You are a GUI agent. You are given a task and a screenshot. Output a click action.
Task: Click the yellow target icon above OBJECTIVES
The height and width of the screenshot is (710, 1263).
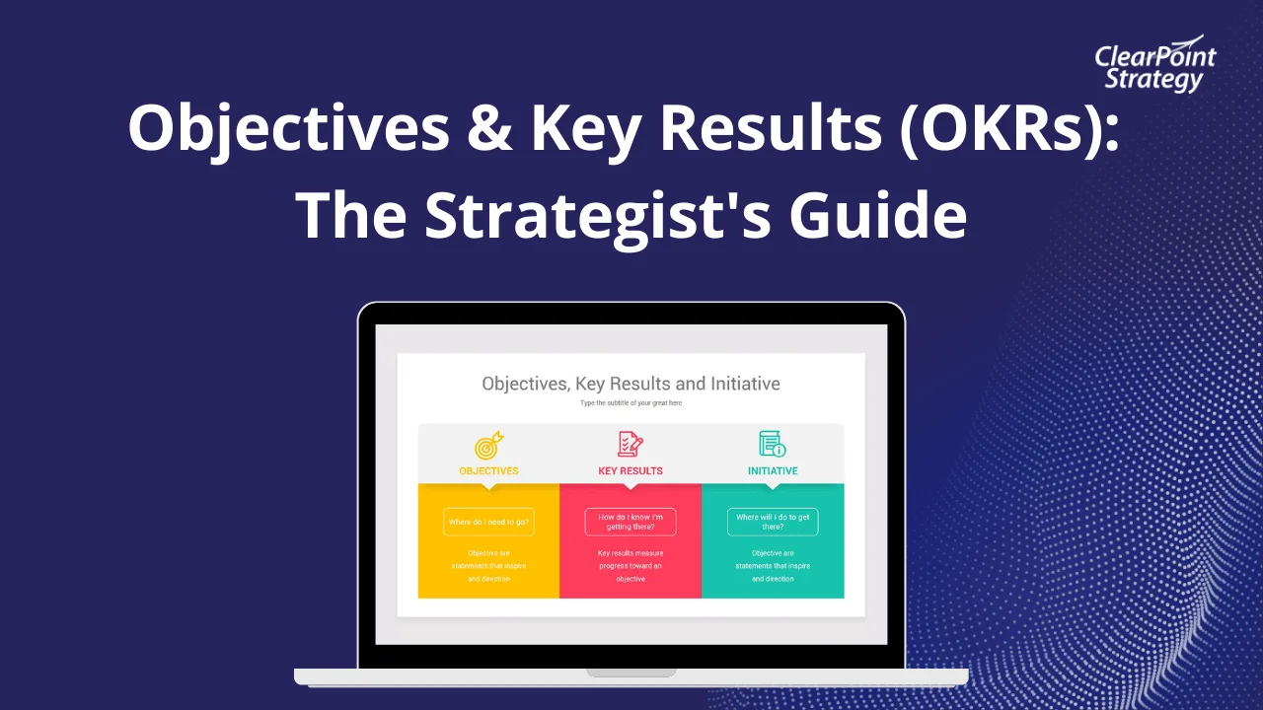click(x=488, y=445)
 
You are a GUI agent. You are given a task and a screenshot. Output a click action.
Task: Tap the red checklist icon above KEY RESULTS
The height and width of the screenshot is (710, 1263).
click(x=630, y=444)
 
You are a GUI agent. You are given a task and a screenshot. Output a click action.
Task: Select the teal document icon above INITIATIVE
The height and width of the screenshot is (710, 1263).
click(x=772, y=444)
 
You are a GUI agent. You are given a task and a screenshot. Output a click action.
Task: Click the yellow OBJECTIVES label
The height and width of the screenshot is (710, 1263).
click(x=488, y=471)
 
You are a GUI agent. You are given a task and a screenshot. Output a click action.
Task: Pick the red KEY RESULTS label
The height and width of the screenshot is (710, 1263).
click(x=631, y=471)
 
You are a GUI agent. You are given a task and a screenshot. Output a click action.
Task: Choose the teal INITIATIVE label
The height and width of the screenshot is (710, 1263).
click(x=773, y=471)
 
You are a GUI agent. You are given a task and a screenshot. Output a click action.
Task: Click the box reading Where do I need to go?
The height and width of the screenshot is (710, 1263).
click(x=488, y=522)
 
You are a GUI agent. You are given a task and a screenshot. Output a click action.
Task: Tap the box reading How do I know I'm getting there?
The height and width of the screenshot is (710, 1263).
click(x=631, y=522)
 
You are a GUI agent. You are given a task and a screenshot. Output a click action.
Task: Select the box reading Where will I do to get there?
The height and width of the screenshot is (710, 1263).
click(x=773, y=522)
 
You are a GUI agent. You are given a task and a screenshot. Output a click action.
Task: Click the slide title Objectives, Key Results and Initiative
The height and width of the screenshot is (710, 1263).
click(x=631, y=384)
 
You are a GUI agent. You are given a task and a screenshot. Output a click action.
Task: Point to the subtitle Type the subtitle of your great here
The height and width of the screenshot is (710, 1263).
click(x=631, y=403)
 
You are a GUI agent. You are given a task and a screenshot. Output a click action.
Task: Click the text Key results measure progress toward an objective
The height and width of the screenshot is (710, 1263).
click(x=631, y=566)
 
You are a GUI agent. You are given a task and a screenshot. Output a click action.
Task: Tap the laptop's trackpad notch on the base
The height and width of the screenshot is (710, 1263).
click(x=631, y=673)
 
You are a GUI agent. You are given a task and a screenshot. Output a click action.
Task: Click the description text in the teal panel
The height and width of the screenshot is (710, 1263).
click(x=773, y=566)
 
